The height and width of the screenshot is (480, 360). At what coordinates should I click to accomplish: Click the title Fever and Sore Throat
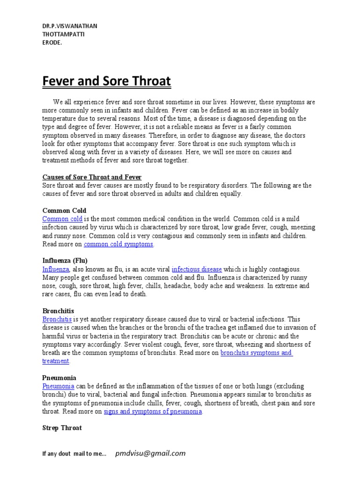[107, 82]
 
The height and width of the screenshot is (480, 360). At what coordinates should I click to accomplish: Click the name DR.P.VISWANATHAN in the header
[70, 26]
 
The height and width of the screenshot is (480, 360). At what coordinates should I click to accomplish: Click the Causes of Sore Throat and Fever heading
[92, 177]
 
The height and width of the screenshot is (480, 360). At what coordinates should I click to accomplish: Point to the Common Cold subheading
[64, 210]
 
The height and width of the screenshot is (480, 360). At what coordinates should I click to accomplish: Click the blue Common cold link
[62, 219]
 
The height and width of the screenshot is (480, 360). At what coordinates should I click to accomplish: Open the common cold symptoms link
[119, 244]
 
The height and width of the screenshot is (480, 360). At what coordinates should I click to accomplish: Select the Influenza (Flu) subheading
[65, 261]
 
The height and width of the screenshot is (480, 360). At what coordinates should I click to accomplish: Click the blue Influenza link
[56, 269]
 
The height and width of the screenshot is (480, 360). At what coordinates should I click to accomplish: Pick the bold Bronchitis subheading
[58, 311]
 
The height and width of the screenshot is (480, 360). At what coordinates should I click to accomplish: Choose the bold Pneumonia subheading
[60, 378]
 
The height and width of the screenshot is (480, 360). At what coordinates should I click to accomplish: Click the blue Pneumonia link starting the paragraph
[58, 386]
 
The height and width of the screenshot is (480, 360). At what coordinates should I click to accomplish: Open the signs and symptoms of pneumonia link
[153, 412]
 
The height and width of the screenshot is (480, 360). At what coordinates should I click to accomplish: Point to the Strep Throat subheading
[62, 428]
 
